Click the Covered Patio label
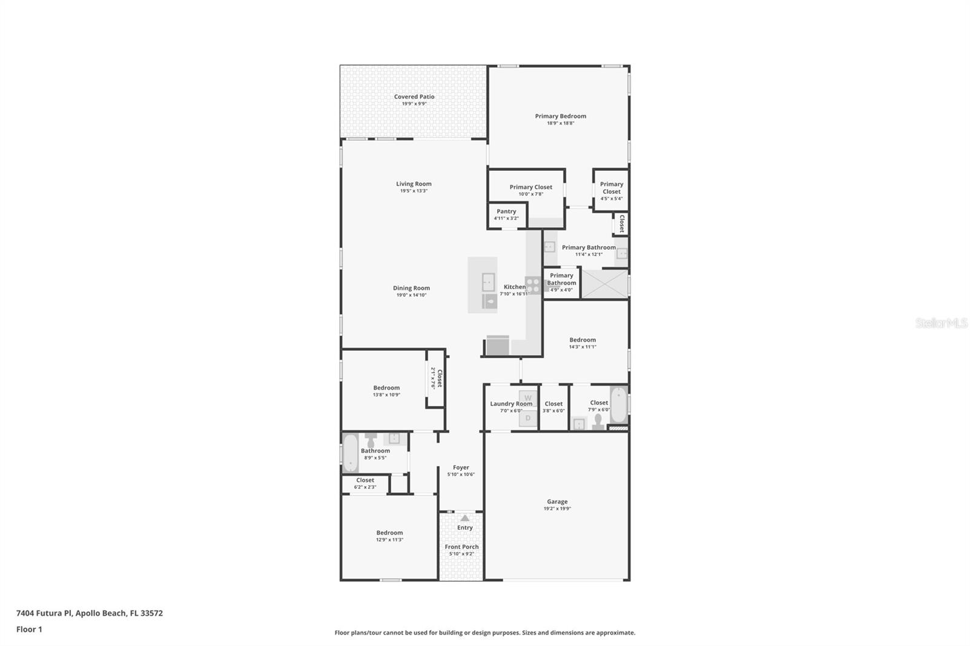click(x=414, y=97)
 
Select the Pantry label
click(x=506, y=212)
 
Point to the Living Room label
click(x=413, y=184)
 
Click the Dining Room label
click(x=411, y=288)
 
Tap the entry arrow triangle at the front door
click(x=464, y=518)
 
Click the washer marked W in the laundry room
click(x=528, y=398)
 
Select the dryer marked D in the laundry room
click(x=528, y=418)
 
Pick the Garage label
click(x=557, y=502)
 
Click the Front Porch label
click(x=461, y=547)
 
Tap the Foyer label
click(x=461, y=468)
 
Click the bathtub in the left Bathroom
click(x=351, y=453)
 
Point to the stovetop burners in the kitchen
click(x=533, y=285)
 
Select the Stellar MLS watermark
click(x=941, y=324)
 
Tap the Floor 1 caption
click(x=29, y=630)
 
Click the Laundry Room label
click(x=511, y=404)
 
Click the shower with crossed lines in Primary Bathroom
click(x=605, y=284)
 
